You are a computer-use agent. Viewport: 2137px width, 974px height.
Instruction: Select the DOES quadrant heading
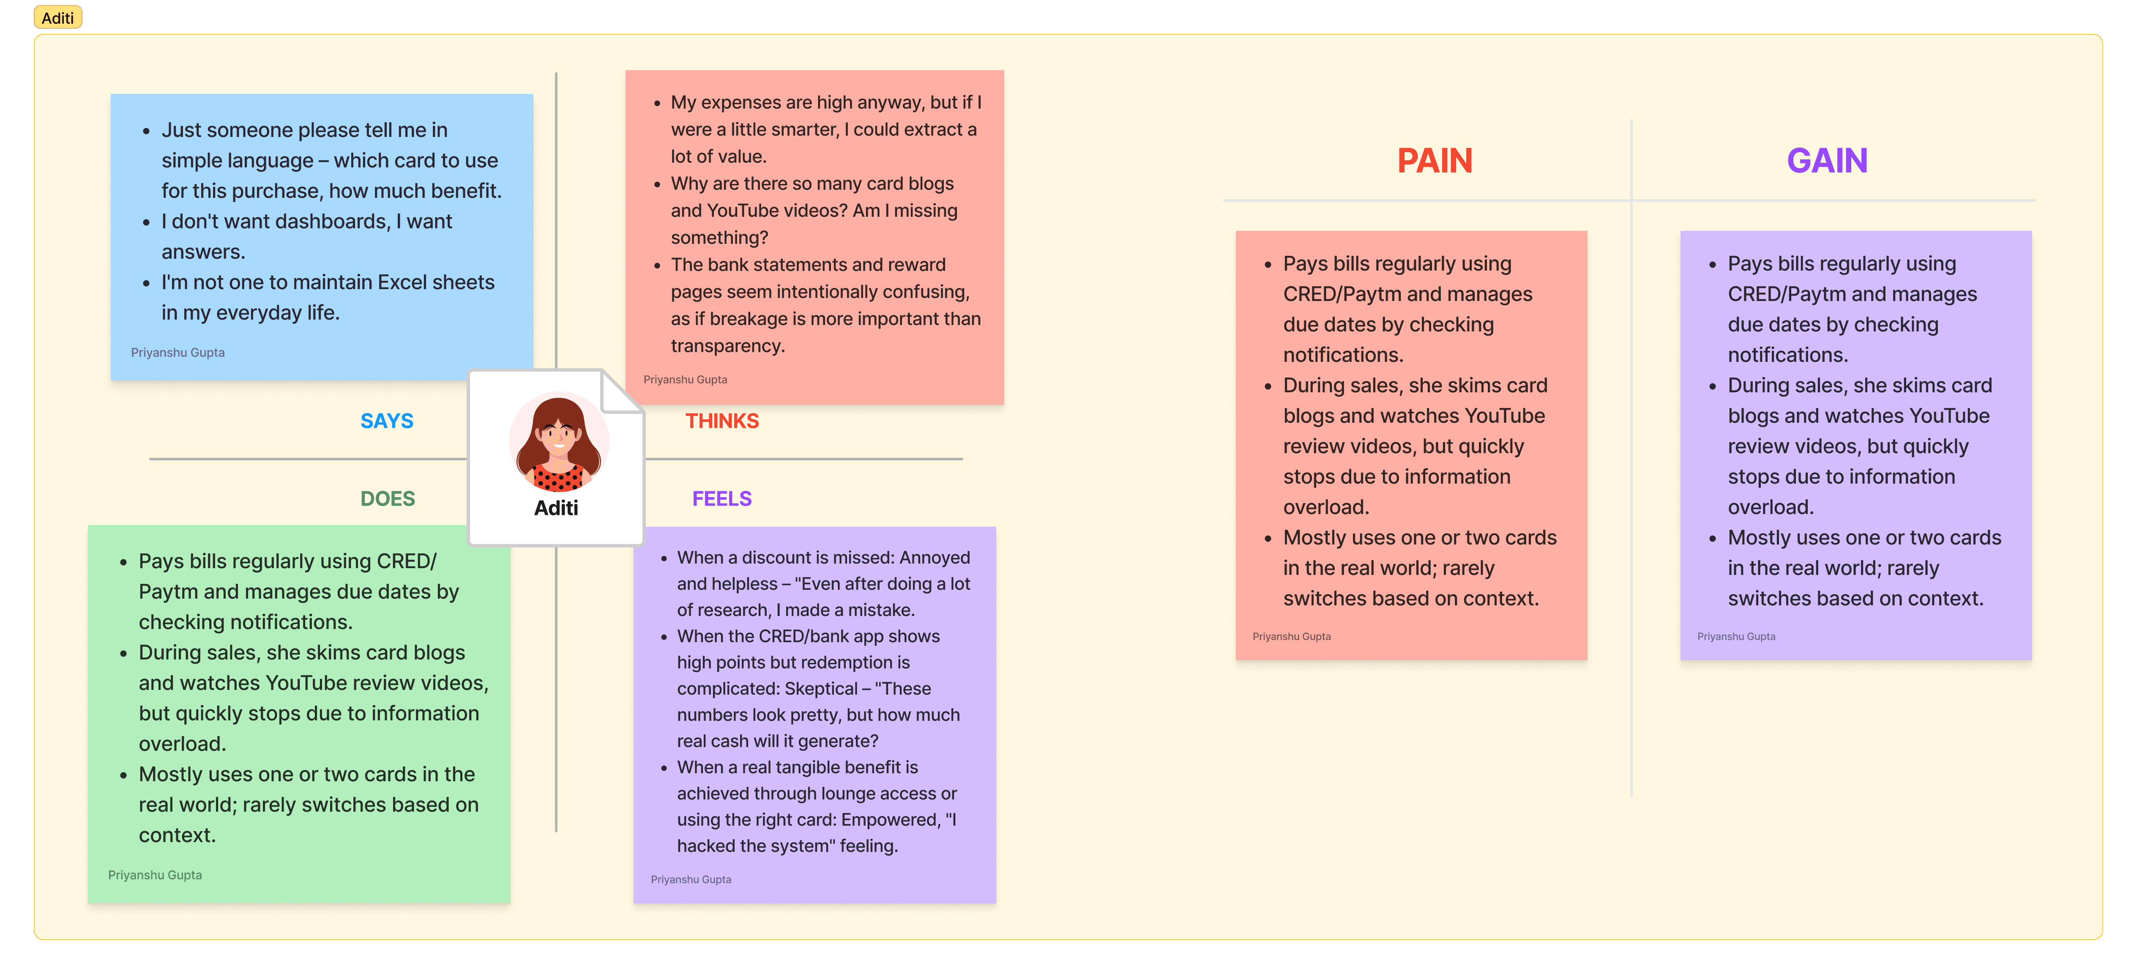click(388, 498)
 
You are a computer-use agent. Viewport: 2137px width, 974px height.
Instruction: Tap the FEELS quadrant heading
click(722, 498)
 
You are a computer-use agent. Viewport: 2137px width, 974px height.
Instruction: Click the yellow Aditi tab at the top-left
click(57, 17)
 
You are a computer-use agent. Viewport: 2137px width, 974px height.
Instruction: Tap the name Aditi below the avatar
click(556, 508)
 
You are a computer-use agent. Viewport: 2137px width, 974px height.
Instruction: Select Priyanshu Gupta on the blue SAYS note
click(178, 353)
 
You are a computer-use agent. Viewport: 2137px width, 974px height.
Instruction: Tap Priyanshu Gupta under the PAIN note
click(1292, 636)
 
